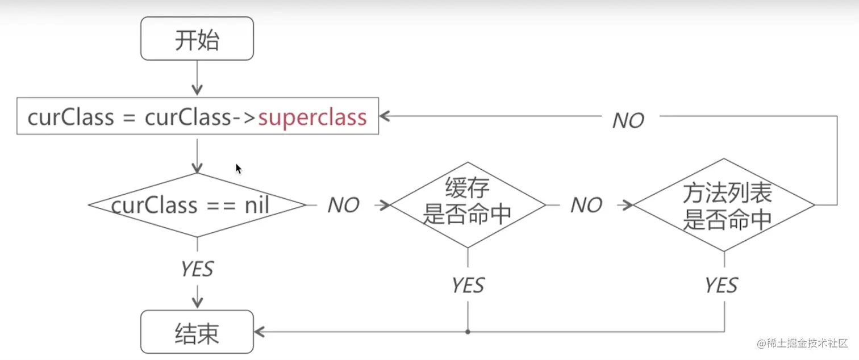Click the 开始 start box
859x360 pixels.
click(x=197, y=39)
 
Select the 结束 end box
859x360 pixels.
click(x=197, y=332)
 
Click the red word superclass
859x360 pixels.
click(x=312, y=118)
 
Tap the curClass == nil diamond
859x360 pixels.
click(x=197, y=205)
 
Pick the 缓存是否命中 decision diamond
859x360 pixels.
click(x=468, y=205)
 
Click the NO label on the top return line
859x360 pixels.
click(x=628, y=120)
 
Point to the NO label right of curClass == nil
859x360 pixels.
click(x=343, y=205)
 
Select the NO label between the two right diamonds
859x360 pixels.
click(x=586, y=205)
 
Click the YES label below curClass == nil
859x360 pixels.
click(x=197, y=269)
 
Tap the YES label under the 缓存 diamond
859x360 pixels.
click(x=468, y=285)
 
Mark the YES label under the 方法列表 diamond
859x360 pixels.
click(x=722, y=285)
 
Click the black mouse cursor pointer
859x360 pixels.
click(x=239, y=169)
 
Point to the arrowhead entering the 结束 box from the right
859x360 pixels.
click(x=259, y=332)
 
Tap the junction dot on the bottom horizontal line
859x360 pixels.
click(x=468, y=332)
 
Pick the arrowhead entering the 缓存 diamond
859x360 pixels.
click(x=386, y=205)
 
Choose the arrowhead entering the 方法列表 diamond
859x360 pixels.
click(x=628, y=205)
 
